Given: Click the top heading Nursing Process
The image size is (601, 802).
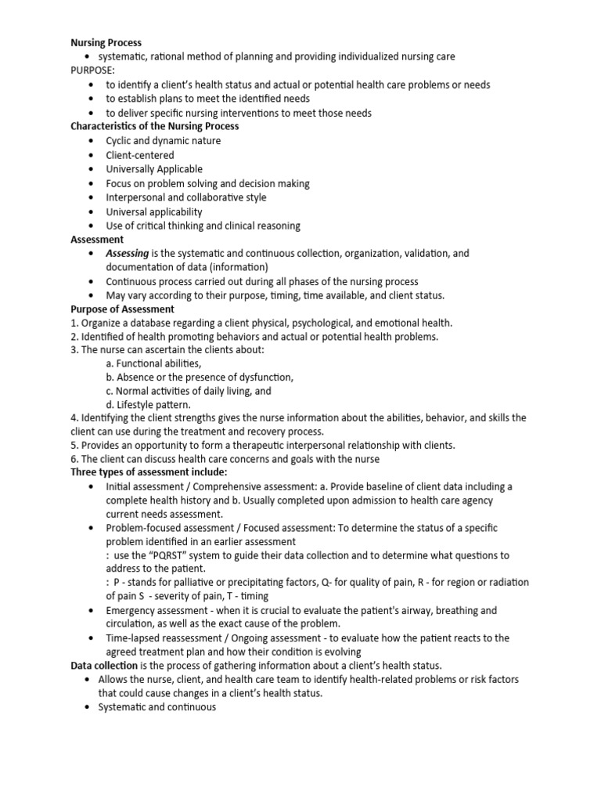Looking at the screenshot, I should tap(106, 42).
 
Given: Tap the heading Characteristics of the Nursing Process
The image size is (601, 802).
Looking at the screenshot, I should tap(155, 126).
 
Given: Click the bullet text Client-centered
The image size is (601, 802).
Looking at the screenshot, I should tap(140, 155).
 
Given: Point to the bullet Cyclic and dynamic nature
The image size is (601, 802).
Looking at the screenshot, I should tap(164, 141).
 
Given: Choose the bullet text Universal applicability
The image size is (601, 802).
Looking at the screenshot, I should tap(154, 211).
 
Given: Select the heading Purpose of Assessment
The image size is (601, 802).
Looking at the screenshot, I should tap(122, 309).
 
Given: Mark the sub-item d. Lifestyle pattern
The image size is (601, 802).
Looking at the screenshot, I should tap(149, 405).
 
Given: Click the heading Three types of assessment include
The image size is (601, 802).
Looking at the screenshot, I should tap(149, 472).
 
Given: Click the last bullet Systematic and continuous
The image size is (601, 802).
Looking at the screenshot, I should tap(157, 707).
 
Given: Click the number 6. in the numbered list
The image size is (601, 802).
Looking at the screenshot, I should tap(74, 459).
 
